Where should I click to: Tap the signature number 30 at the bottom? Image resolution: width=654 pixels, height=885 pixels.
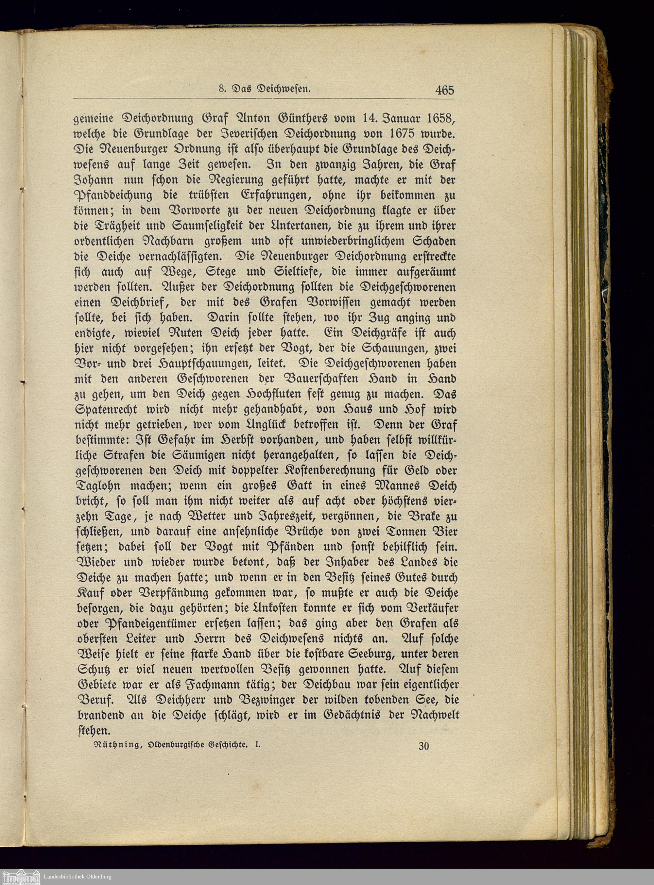[423, 746]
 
